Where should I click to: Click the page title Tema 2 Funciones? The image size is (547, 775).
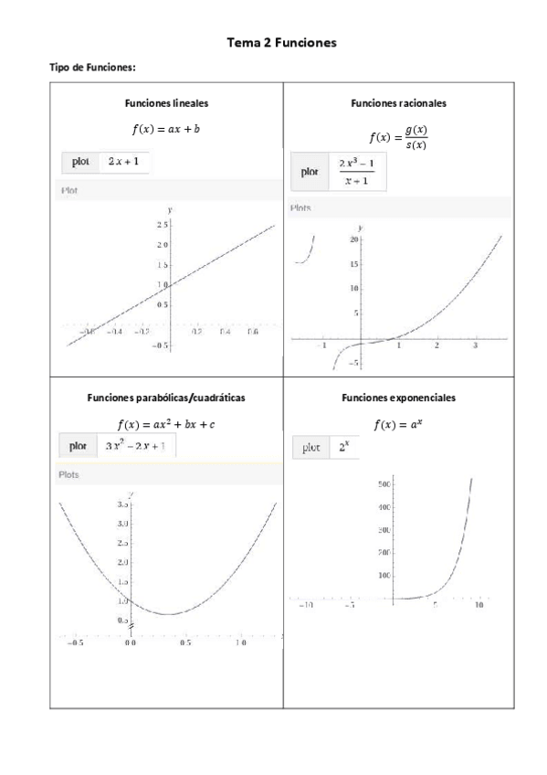(x=280, y=42)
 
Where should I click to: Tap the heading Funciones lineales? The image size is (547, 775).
(x=165, y=103)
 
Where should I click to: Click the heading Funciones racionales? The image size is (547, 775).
(x=398, y=103)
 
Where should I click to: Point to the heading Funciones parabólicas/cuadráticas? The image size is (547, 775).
(x=165, y=398)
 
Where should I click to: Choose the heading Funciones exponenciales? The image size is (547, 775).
(x=398, y=398)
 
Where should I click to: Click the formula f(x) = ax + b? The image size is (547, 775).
(x=165, y=129)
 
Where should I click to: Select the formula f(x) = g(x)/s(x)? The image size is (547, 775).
(x=398, y=138)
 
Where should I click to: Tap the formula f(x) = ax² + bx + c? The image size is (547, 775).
(x=165, y=424)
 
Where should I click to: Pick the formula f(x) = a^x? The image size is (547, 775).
(x=398, y=424)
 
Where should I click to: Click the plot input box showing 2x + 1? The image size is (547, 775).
(x=123, y=162)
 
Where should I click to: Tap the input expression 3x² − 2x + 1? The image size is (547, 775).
(x=136, y=446)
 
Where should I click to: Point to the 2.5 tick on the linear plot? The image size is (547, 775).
(x=161, y=224)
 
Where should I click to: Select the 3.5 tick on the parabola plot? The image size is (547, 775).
(x=122, y=504)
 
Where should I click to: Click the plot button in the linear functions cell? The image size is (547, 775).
(x=80, y=162)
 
